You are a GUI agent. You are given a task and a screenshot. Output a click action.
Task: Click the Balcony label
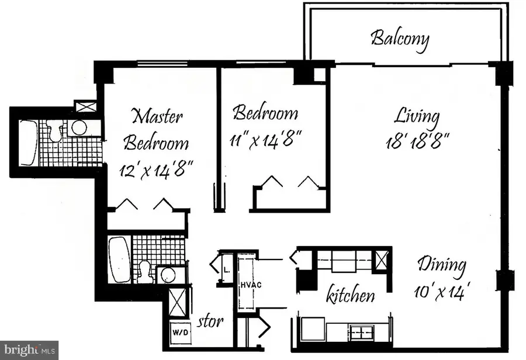(400, 39)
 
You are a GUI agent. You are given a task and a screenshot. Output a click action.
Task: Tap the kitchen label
(350, 295)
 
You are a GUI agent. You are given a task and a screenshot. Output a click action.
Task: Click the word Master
(157, 116)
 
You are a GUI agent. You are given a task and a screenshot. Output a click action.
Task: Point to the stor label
(211, 321)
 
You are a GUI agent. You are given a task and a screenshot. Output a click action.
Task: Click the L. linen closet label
(227, 269)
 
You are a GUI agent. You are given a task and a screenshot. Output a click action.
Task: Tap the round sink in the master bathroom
(78, 128)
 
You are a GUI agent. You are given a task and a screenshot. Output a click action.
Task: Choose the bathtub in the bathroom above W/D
(119, 259)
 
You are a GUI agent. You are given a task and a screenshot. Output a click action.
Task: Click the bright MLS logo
(29, 350)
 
